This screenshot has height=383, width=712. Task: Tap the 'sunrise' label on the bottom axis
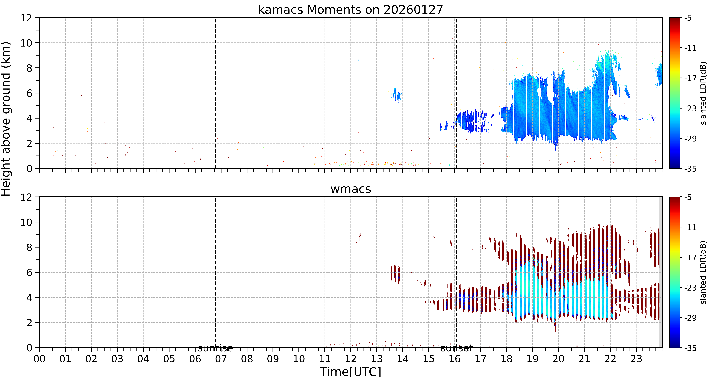pyautogui.click(x=215, y=348)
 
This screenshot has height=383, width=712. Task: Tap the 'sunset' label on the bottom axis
pyautogui.click(x=457, y=348)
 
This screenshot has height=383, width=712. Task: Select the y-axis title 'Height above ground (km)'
pyautogui.click(x=6, y=119)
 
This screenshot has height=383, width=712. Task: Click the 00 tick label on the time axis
pyautogui.click(x=40, y=359)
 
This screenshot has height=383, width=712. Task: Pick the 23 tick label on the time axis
pyautogui.click(x=636, y=359)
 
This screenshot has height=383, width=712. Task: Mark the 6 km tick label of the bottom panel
pyautogui.click(x=29, y=273)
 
